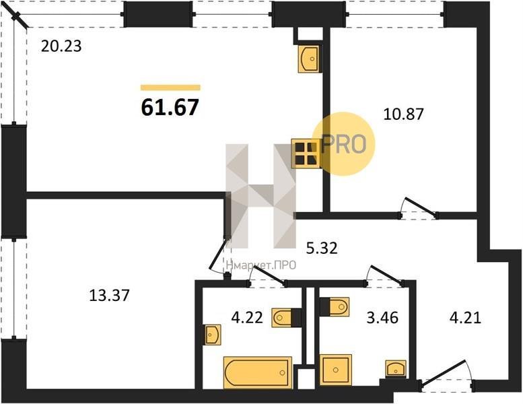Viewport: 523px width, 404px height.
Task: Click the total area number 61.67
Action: (x=170, y=107)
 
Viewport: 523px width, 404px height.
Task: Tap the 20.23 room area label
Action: (x=61, y=46)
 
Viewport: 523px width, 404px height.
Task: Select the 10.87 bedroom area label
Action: (x=404, y=114)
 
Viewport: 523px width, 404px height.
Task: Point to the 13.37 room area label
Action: (x=110, y=295)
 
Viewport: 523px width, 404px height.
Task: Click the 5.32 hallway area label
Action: (x=322, y=248)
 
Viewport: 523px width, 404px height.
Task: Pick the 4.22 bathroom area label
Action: (x=247, y=317)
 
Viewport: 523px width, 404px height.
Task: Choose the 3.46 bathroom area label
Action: (x=382, y=318)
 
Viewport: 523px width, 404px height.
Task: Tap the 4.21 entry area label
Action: (x=465, y=317)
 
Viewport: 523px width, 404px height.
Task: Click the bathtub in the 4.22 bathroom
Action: (x=258, y=372)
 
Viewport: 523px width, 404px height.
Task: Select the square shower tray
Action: (x=336, y=370)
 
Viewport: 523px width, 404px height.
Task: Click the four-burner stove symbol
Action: (x=306, y=153)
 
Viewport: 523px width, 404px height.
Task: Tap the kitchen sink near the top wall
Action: (x=308, y=59)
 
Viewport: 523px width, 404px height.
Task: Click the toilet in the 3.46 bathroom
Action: (x=335, y=306)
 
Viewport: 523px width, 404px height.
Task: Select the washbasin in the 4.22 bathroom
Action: (x=213, y=335)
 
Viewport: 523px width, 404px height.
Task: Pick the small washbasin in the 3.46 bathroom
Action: (x=396, y=368)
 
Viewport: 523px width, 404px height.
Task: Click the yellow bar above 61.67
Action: (x=170, y=88)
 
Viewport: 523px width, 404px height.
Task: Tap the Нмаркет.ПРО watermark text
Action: (x=261, y=265)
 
